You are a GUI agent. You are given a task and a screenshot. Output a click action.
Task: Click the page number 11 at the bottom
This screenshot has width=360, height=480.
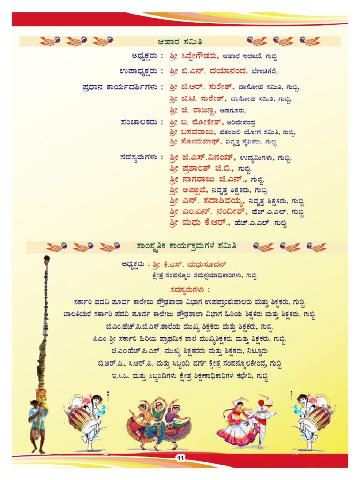click(180, 458)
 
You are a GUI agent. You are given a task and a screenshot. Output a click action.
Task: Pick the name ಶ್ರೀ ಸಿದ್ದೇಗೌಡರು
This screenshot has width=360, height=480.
click(193, 56)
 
